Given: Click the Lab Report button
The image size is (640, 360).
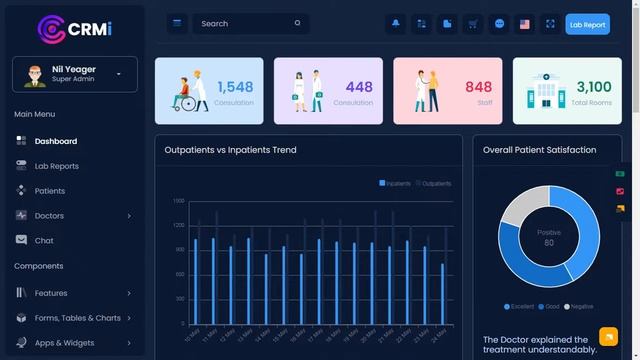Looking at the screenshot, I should pyautogui.click(x=587, y=24).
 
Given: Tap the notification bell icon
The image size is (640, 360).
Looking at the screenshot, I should pyautogui.click(x=396, y=24).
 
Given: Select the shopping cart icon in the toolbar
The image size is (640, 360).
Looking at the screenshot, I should pyautogui.click(x=473, y=24).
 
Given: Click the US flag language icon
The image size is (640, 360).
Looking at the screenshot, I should pyautogui.click(x=524, y=24).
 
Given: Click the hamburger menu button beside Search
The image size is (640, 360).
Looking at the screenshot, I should pyautogui.click(x=177, y=24).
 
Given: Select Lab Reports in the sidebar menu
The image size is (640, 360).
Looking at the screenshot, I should pyautogui.click(x=56, y=166).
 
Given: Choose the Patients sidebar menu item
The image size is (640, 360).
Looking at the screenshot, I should pyautogui.click(x=49, y=191).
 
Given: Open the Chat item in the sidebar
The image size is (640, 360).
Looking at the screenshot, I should pyautogui.click(x=44, y=241).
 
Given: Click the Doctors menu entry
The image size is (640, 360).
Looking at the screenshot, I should pyautogui.click(x=49, y=216).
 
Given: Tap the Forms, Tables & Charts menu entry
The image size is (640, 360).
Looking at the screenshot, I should pyautogui.click(x=77, y=318).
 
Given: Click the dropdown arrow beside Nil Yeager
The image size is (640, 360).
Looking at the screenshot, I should pyautogui.click(x=119, y=74).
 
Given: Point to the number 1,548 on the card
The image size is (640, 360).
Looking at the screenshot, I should pyautogui.click(x=235, y=87).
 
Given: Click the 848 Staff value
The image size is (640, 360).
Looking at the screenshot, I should pyautogui.click(x=478, y=87).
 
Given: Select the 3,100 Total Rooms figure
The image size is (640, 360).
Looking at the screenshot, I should pyautogui.click(x=594, y=87).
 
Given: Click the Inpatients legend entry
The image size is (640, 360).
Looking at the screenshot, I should pyautogui.click(x=396, y=184).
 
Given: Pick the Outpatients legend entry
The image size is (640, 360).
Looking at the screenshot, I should pyautogui.click(x=434, y=184).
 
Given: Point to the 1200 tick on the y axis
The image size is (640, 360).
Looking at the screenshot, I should pyautogui.click(x=178, y=225).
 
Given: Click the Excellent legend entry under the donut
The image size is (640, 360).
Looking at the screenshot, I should pyautogui.click(x=520, y=306).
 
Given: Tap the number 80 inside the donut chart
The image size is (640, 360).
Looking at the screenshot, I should pyautogui.click(x=549, y=243).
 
